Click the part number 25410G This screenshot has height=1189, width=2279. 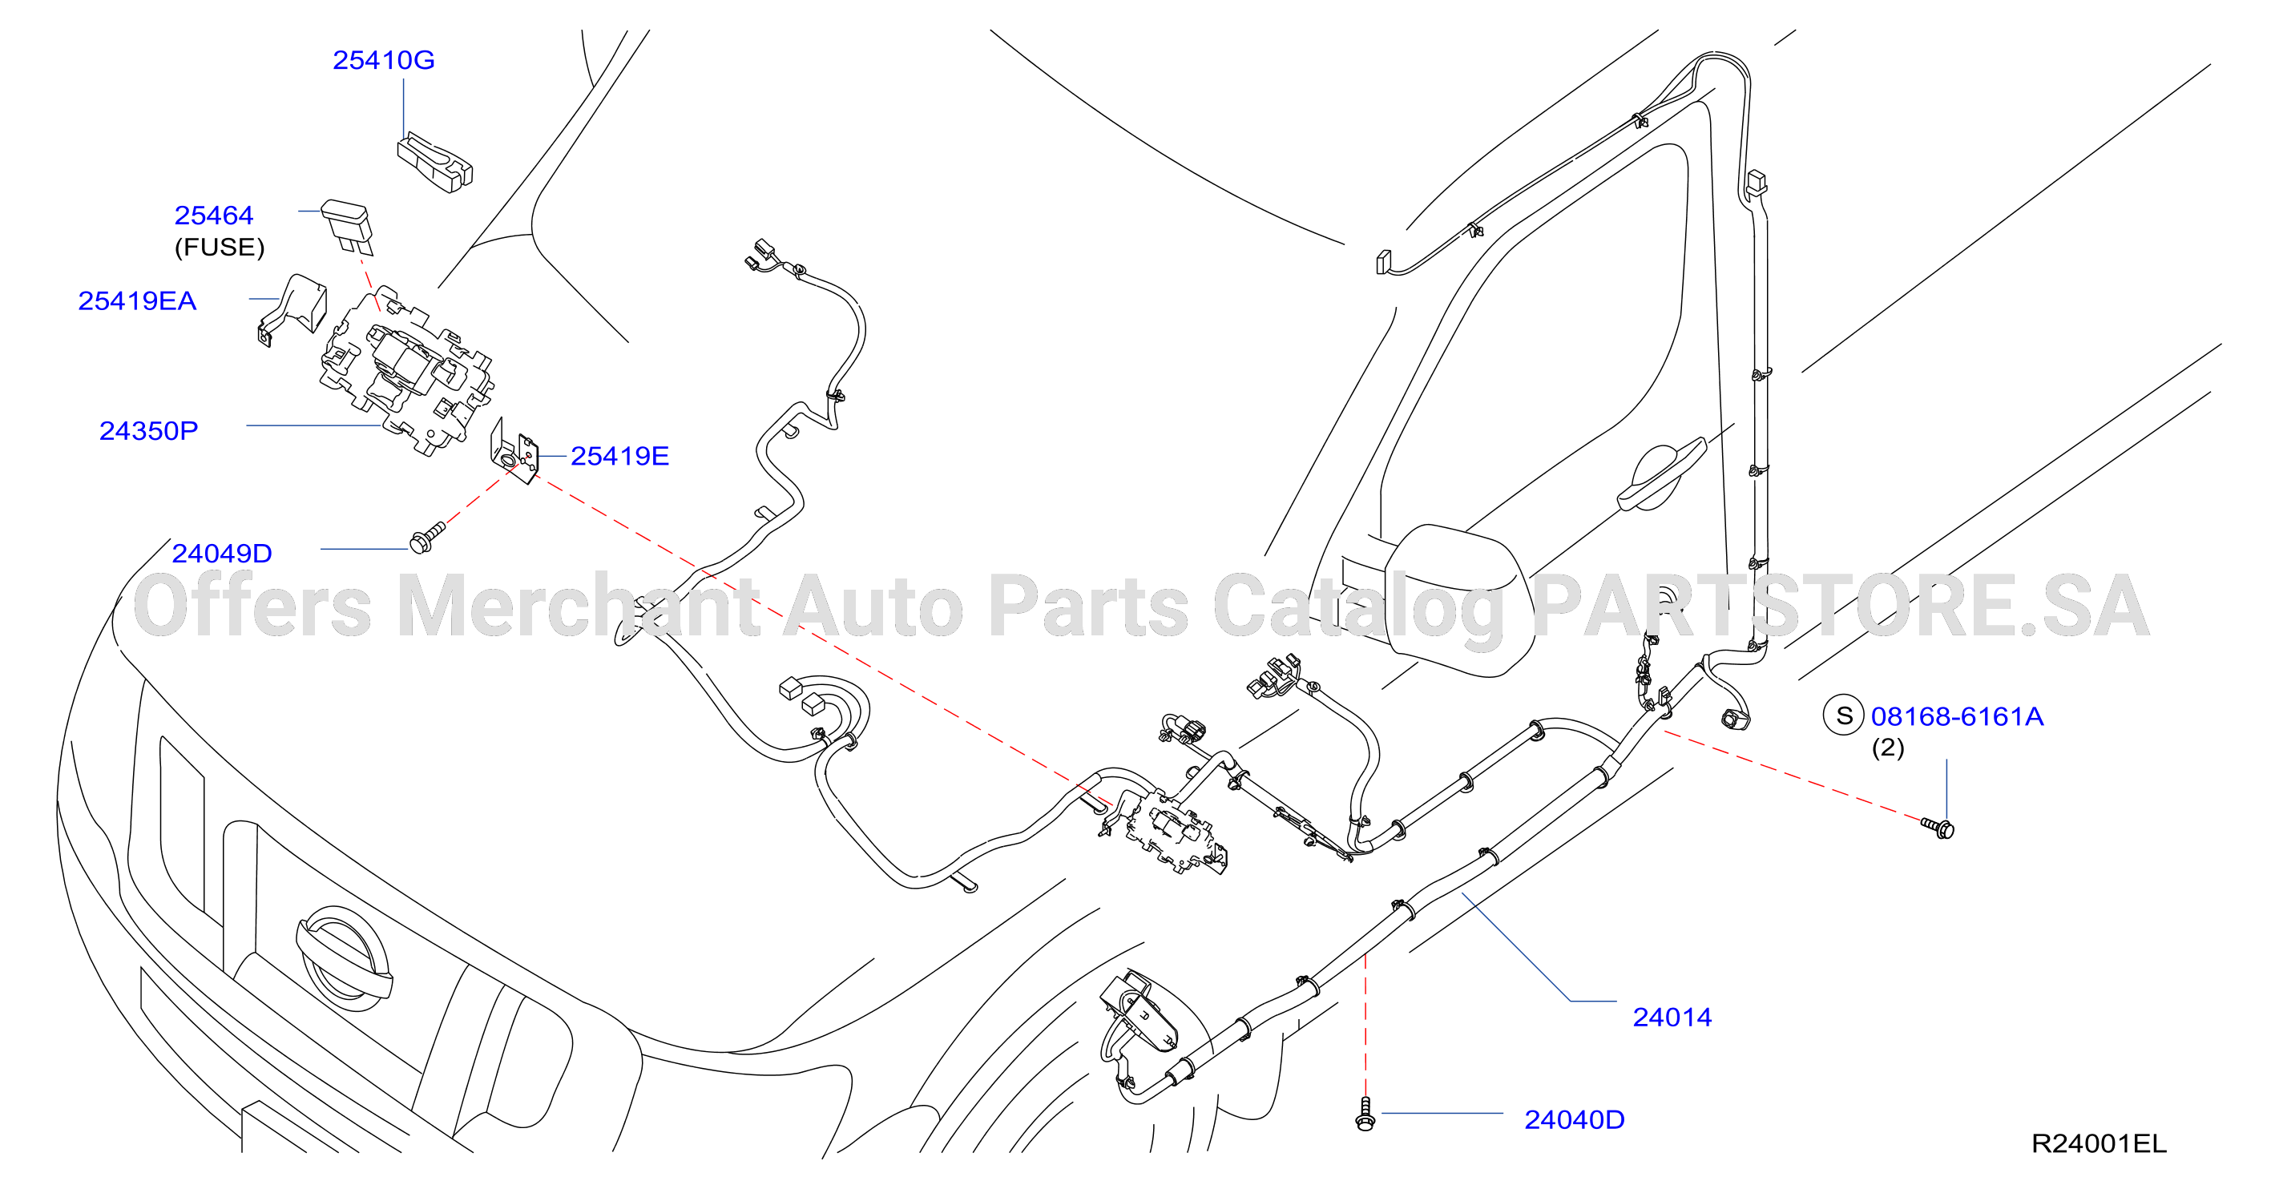point(383,60)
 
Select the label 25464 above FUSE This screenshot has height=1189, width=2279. point(214,215)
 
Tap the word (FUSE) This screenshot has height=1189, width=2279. point(220,247)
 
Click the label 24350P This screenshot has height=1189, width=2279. point(148,431)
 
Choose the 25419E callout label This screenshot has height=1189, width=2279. point(619,456)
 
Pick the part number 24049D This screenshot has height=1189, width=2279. point(222,553)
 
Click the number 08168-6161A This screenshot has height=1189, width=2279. point(1957,716)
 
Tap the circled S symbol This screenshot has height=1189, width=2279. point(1844,715)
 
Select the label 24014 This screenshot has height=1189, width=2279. point(1672,1018)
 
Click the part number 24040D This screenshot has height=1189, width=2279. point(1575,1120)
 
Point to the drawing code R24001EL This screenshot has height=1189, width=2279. point(2100,1144)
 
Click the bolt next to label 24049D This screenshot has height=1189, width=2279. point(427,537)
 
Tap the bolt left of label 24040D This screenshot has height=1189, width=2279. point(1365,1114)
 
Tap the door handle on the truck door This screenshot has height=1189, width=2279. point(1660,474)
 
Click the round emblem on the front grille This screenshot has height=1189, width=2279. point(343,958)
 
